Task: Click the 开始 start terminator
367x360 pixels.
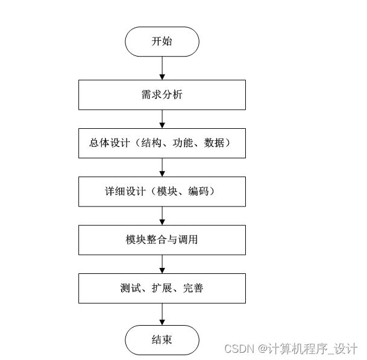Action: coord(162,42)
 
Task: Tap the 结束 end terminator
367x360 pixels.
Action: coord(162,340)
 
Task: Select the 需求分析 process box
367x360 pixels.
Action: coord(162,95)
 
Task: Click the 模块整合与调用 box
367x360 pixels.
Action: coord(162,240)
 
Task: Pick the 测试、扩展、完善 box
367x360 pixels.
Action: coord(162,288)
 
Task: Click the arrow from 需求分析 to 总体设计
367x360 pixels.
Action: coord(162,119)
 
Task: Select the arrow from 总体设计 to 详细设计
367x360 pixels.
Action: coord(162,167)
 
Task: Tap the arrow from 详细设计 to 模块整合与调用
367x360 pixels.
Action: coord(162,215)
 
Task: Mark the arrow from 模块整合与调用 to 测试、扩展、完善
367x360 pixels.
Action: coord(162,263)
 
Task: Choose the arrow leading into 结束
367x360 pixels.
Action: coord(162,314)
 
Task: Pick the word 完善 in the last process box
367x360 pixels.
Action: coord(194,288)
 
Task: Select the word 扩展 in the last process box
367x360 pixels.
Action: coord(162,288)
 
